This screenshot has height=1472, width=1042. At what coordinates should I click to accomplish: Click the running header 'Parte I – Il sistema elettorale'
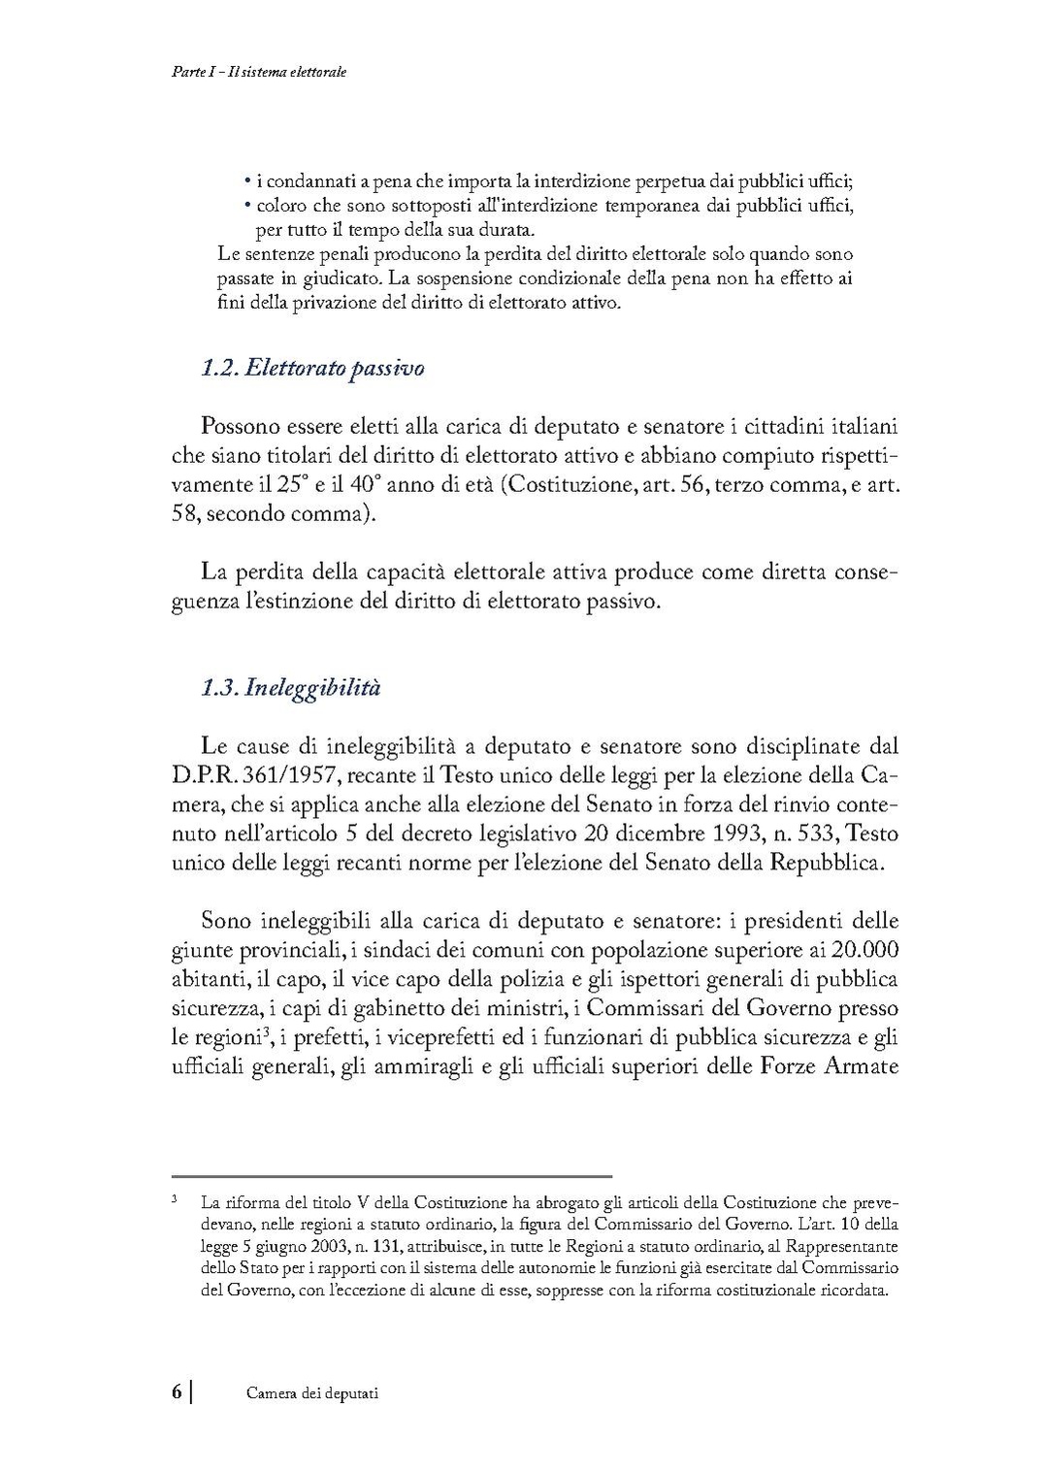point(253,72)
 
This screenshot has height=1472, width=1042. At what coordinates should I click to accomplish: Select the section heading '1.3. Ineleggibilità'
point(290,688)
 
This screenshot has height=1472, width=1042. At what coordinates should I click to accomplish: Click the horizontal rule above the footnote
point(392,1175)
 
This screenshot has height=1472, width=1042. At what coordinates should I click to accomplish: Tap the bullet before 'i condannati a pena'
point(247,181)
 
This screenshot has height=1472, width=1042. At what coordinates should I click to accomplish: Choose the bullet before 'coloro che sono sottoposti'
point(247,206)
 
